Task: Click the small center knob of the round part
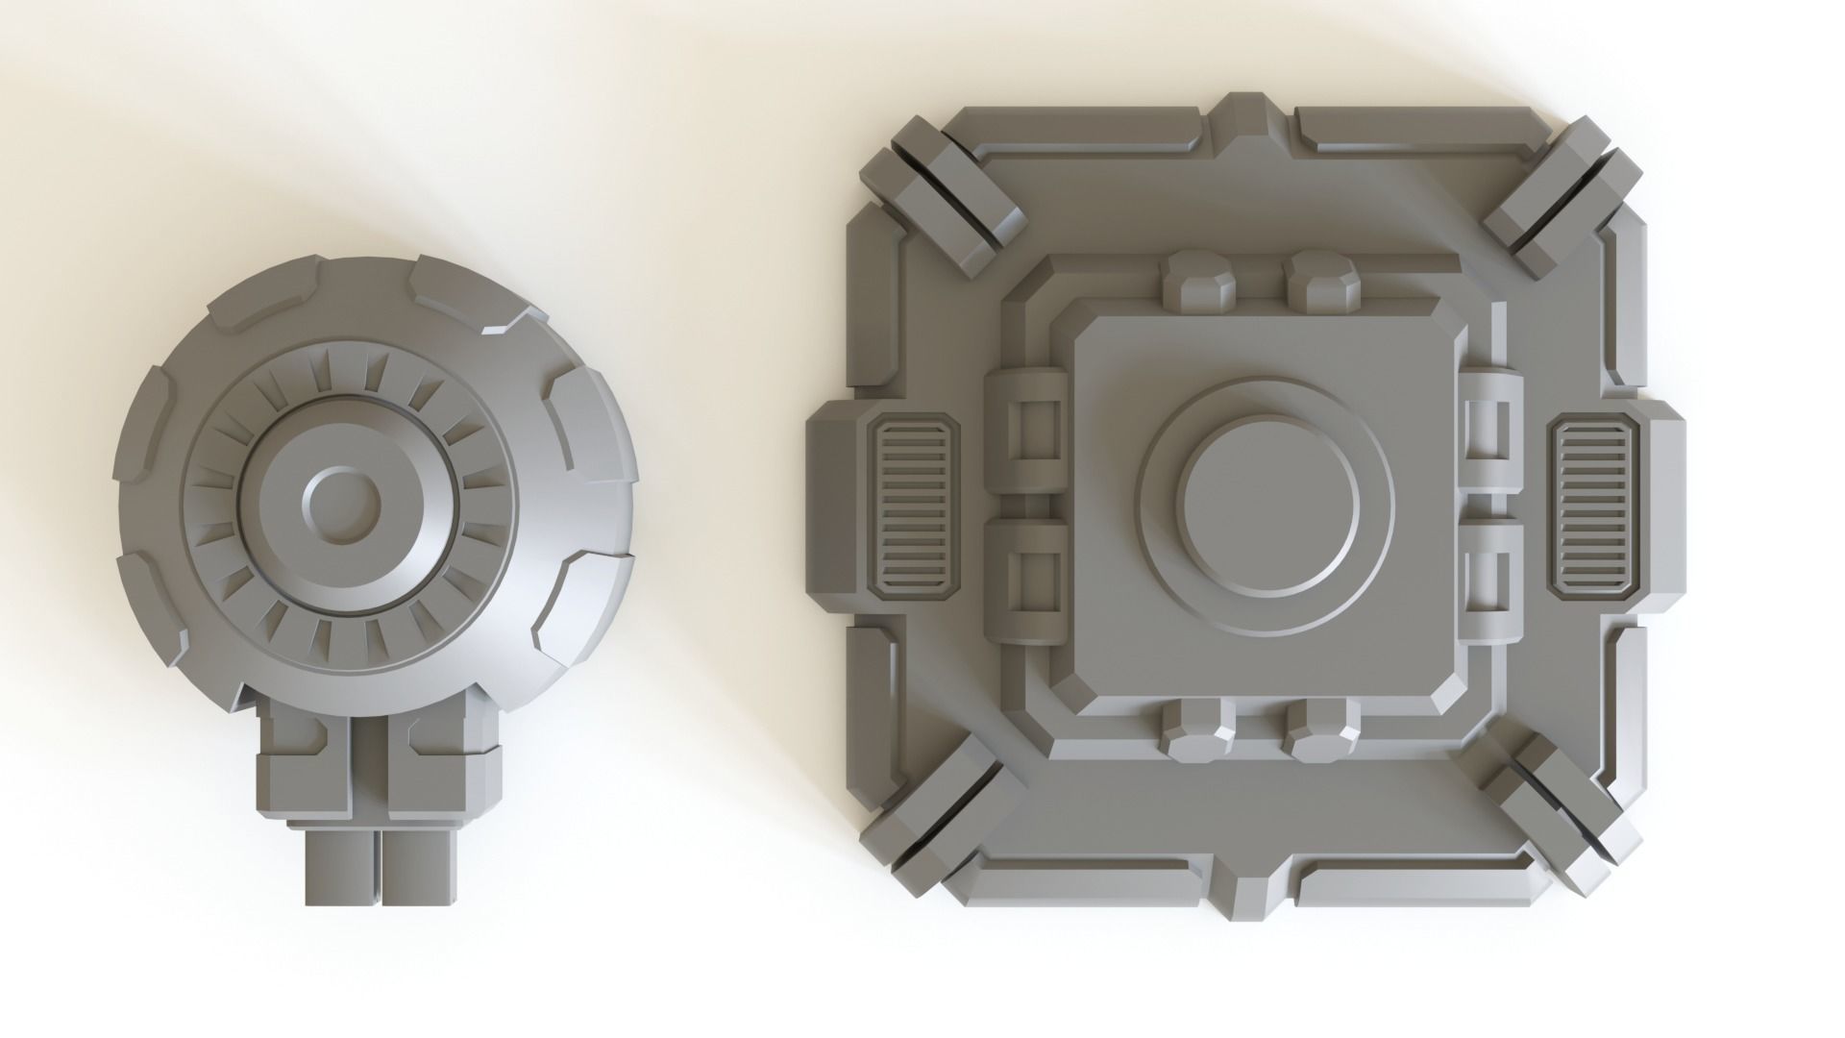click(340, 503)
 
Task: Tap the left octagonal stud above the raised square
click(1197, 282)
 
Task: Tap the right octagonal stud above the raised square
click(1324, 282)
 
